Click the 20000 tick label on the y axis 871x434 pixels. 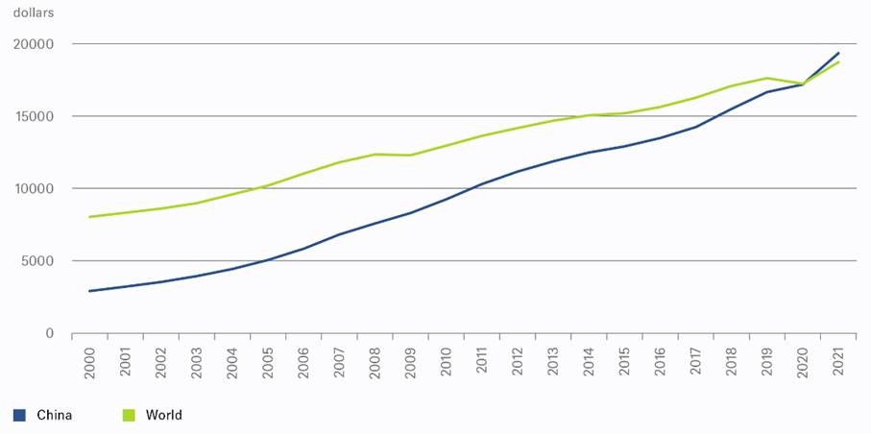point(34,44)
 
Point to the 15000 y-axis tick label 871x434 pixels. point(34,116)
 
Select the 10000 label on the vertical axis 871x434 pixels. point(34,188)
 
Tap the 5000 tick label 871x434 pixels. point(37,261)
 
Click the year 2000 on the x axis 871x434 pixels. point(90,359)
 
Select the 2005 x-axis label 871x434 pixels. point(267,359)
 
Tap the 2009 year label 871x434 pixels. point(409,359)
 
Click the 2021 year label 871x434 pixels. point(838,359)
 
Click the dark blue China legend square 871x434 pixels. point(19,415)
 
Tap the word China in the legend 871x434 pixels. point(54,415)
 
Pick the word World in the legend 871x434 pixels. point(163,415)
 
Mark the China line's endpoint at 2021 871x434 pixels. point(838,53)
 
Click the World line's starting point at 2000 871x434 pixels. point(89,217)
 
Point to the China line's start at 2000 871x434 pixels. point(89,291)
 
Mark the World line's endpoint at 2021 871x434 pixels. point(838,62)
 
